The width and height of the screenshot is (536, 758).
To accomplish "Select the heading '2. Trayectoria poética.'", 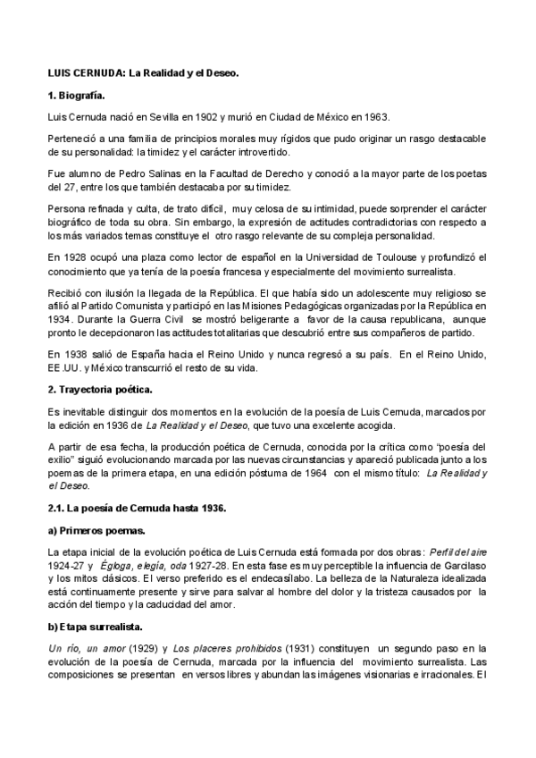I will click(100, 389).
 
